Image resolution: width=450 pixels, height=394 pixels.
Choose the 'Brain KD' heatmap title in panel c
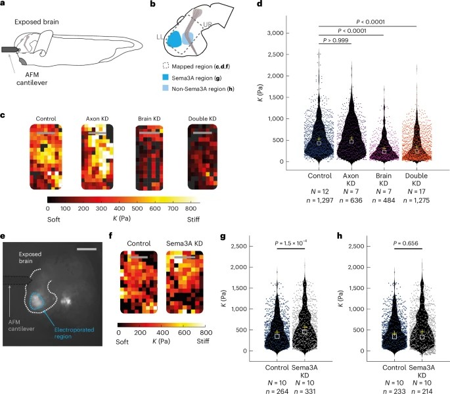click(150, 120)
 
